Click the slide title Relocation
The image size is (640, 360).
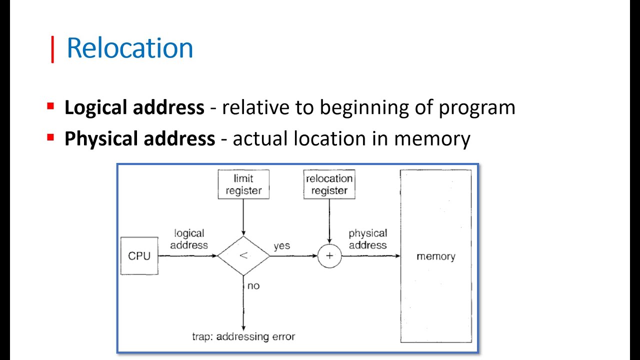(x=130, y=47)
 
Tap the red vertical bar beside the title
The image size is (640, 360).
(x=52, y=49)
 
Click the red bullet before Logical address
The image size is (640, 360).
(x=50, y=106)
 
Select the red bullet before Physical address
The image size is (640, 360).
(x=50, y=137)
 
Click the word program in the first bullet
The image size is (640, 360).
(x=477, y=109)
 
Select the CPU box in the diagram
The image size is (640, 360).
(x=139, y=256)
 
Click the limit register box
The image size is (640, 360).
(x=243, y=184)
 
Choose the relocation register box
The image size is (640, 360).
(x=329, y=184)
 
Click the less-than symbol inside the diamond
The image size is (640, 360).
(x=243, y=255)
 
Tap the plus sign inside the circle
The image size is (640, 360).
(x=329, y=255)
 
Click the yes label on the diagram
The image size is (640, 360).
(x=281, y=246)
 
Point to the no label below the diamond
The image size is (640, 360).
(x=253, y=286)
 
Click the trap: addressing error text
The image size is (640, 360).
(x=243, y=336)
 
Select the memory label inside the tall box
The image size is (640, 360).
(x=436, y=256)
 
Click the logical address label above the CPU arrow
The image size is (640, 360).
(x=189, y=239)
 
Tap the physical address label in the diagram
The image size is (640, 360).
(x=367, y=239)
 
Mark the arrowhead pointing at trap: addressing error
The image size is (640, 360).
(x=243, y=328)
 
